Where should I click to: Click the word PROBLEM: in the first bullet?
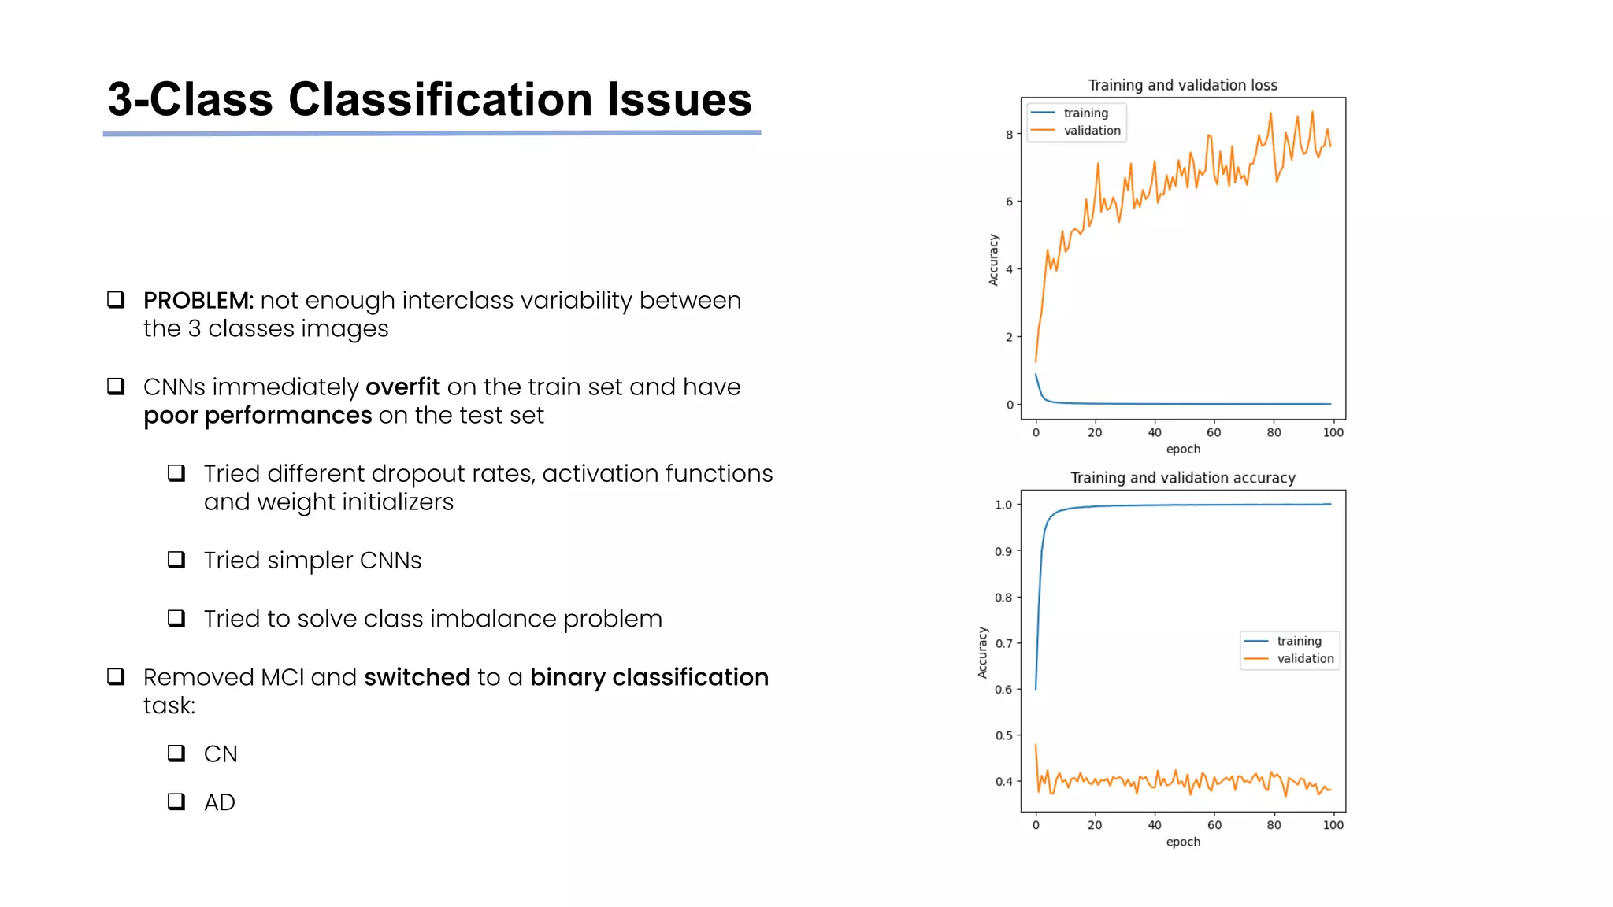[198, 301]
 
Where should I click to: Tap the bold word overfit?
[402, 387]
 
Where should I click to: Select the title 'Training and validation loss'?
[1182, 85]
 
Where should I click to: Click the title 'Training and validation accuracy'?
[1182, 478]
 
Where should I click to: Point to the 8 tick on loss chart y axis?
[1009, 135]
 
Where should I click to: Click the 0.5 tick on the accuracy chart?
[1003, 735]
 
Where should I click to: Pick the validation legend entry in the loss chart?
[1092, 131]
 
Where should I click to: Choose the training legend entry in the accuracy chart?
[1299, 641]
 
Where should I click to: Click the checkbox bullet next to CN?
[176, 753]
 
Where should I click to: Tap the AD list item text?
[220, 802]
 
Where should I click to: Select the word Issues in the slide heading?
[679, 100]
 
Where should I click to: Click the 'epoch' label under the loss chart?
[1183, 449]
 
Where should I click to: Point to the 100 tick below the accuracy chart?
[1333, 825]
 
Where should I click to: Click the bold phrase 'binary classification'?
[649, 677]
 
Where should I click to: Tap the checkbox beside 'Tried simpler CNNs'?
[176, 560]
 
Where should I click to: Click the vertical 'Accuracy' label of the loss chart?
[993, 260]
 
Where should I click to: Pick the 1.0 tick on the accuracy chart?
[1003, 505]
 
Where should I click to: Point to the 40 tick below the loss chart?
[1154, 432]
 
